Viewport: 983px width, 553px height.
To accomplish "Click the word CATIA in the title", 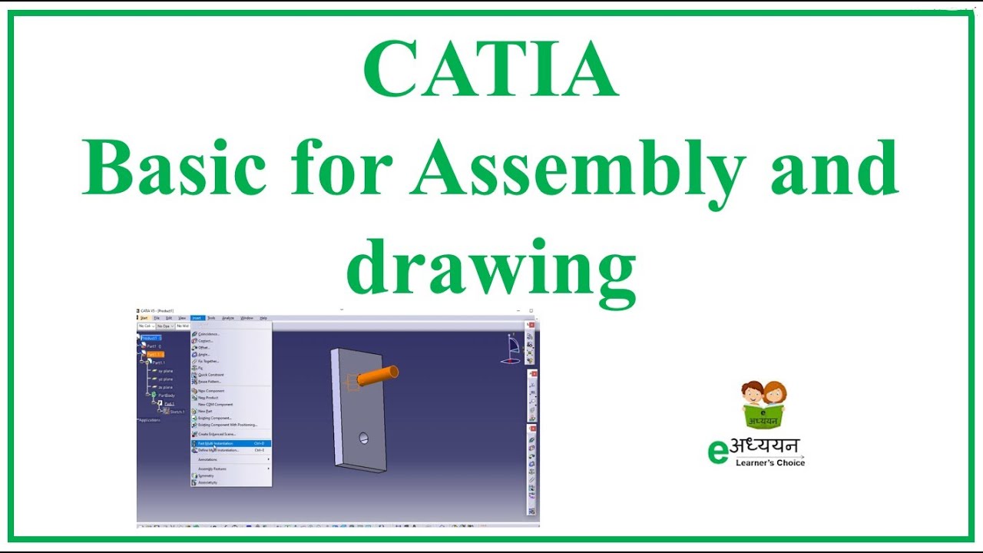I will pos(491,71).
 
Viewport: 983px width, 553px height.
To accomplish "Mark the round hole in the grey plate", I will pos(363,439).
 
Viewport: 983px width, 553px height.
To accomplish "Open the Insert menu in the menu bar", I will pos(197,318).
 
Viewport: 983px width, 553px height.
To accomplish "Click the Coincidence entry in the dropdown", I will pos(209,334).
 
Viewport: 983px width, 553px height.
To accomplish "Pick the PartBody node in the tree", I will pos(166,396).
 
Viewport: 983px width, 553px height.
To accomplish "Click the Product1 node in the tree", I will pos(150,338).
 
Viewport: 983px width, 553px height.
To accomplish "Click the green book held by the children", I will pos(763,416).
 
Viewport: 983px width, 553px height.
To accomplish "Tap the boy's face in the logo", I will pos(753,393).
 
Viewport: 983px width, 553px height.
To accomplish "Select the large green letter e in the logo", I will pos(717,452).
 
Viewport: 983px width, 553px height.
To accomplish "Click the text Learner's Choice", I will pos(770,463).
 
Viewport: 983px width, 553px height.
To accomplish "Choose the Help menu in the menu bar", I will pos(263,318).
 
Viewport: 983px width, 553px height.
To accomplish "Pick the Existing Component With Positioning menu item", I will pos(227,425).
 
